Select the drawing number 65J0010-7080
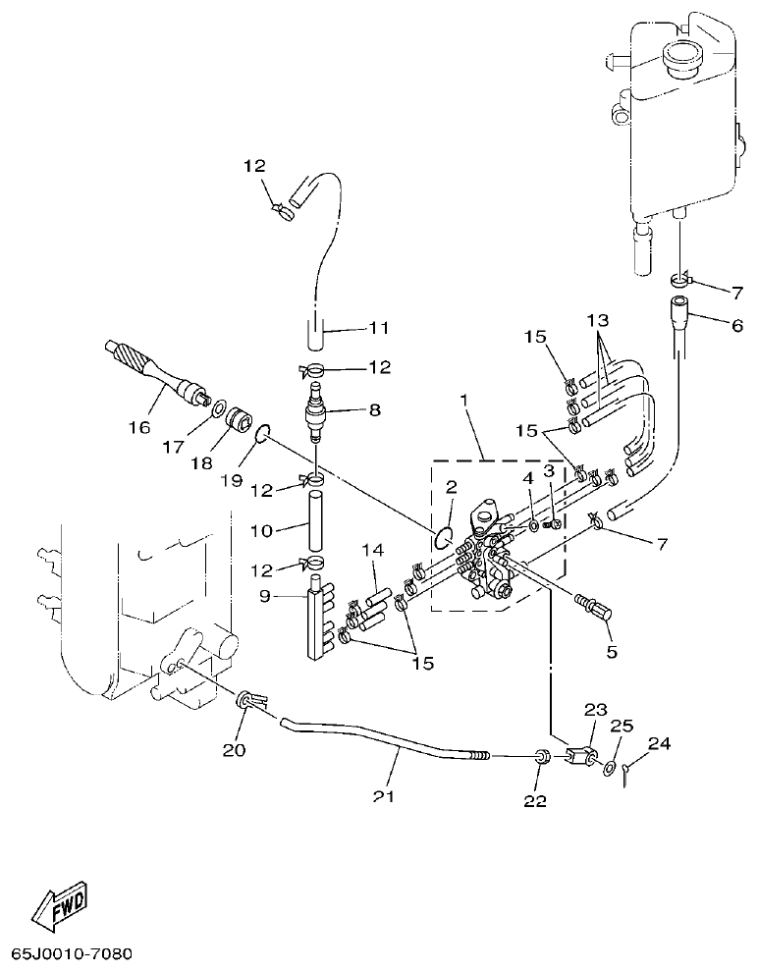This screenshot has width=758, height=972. click(x=72, y=953)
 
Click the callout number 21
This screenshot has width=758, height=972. click(x=383, y=795)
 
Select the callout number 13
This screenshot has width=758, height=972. click(x=599, y=321)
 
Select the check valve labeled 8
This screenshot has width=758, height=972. click(x=314, y=412)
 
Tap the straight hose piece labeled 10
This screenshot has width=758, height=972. click(x=314, y=525)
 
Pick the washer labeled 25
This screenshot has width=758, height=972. click(x=611, y=766)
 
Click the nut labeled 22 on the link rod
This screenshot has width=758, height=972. click(x=539, y=757)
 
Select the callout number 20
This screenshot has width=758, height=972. click(x=235, y=750)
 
